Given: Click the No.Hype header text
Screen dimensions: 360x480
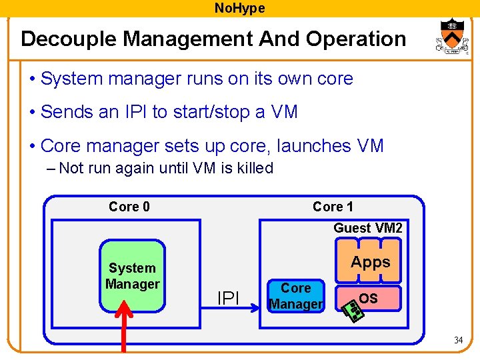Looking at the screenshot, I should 239,8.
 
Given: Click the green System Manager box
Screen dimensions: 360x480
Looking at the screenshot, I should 132,276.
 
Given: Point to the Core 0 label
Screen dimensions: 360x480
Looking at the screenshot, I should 129,207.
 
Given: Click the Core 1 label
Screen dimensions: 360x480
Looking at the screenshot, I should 333,207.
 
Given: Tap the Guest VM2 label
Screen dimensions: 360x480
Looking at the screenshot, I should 368,228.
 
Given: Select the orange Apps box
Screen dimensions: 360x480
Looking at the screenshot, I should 371,262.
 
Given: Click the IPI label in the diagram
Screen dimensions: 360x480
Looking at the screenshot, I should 229,299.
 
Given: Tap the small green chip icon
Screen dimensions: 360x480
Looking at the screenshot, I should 353,310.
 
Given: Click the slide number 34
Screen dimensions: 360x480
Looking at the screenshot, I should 458,341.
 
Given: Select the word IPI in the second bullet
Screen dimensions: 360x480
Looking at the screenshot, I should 133,112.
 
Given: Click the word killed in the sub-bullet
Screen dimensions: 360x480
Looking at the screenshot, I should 252,168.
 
